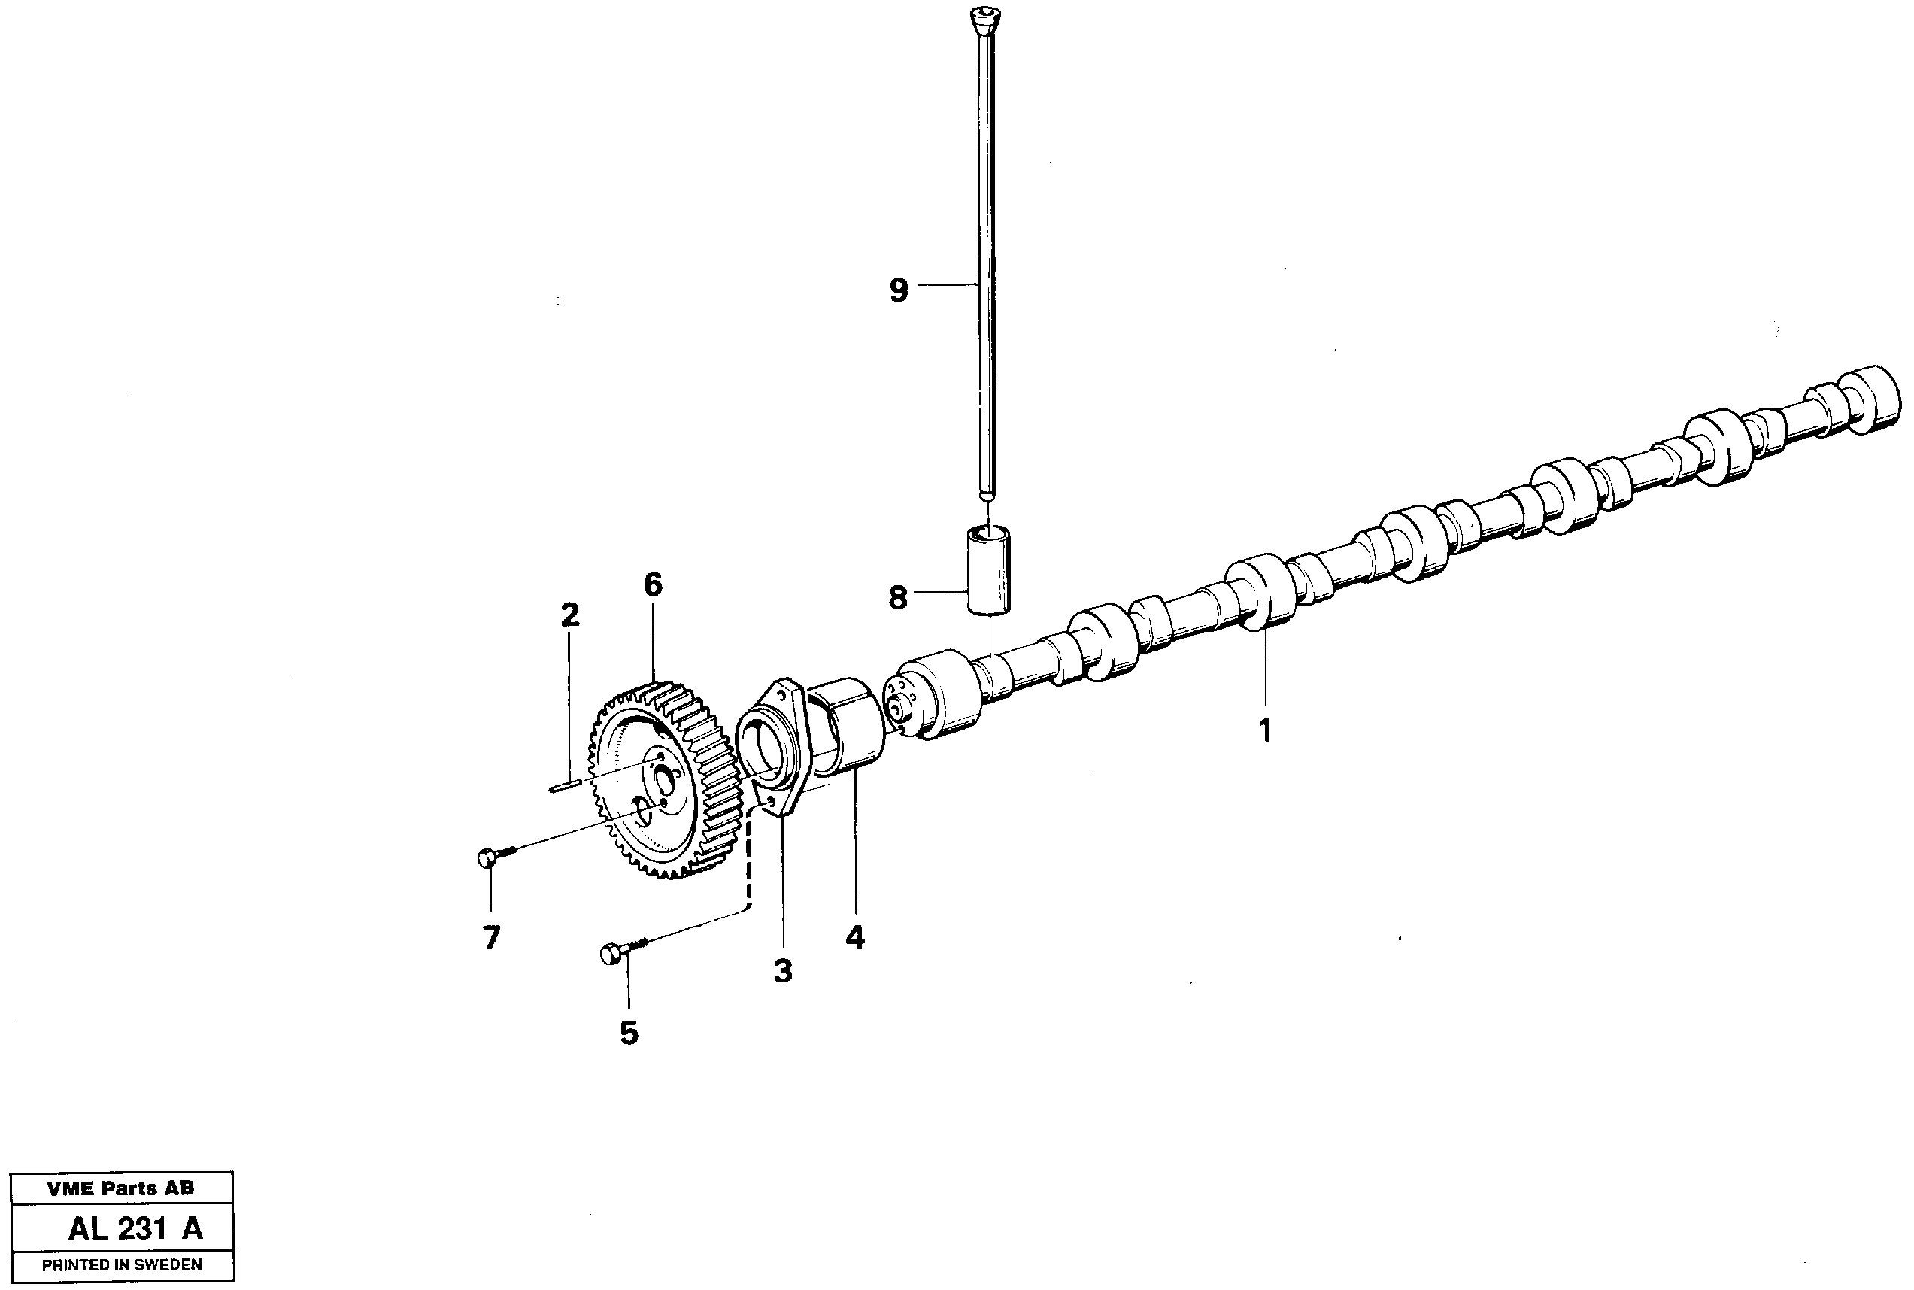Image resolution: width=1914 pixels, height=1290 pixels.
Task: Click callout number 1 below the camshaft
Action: [x=1266, y=730]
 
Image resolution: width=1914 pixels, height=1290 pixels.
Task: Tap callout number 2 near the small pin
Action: [x=569, y=615]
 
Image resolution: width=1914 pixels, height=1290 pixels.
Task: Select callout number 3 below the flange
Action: [x=782, y=971]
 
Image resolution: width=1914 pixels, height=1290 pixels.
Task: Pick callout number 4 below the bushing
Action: [x=855, y=937]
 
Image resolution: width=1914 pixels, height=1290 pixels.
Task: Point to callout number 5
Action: [x=629, y=1033]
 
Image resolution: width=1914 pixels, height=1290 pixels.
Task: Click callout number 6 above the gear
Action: [x=652, y=585]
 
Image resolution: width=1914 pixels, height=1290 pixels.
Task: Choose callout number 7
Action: [x=492, y=937]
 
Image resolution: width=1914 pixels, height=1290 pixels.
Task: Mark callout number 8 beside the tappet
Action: [x=897, y=597]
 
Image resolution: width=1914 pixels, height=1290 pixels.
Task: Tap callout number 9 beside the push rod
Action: [x=899, y=290]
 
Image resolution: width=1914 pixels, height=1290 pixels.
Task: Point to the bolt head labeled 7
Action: [x=486, y=858]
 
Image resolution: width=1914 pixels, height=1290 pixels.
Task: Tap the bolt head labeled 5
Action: [x=609, y=955]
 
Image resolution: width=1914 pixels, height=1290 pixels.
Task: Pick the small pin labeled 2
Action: [x=566, y=787]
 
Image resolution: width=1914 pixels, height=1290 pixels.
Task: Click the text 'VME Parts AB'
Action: [x=121, y=1188]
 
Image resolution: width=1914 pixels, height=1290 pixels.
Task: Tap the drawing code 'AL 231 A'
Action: [x=135, y=1229]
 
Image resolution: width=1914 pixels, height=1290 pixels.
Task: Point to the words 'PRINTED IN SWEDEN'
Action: [x=122, y=1265]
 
